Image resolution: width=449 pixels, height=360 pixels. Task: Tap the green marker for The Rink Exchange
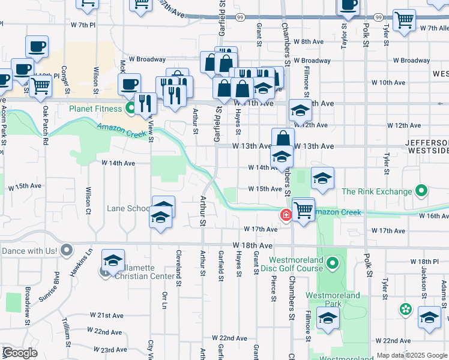pyautogui.click(x=421, y=192)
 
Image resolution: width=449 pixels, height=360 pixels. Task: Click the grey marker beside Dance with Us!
pyautogui.click(x=67, y=250)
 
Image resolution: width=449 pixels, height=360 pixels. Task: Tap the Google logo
pyautogui.click(x=19, y=353)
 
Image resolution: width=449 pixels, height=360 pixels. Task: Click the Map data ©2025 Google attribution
pyautogui.click(x=411, y=355)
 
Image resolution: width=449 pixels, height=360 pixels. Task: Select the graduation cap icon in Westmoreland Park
pyautogui.click(x=328, y=320)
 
